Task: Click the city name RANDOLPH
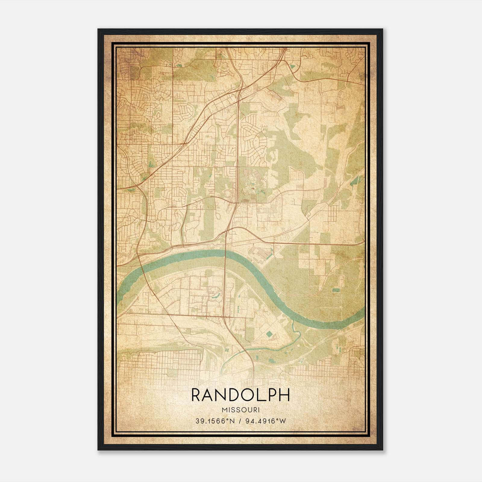click(240, 395)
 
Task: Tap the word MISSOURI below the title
click(240, 410)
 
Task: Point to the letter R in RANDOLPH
click(196, 395)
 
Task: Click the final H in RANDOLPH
click(284, 395)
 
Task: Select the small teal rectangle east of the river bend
click(335, 290)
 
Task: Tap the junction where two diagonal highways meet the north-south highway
click(239, 90)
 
